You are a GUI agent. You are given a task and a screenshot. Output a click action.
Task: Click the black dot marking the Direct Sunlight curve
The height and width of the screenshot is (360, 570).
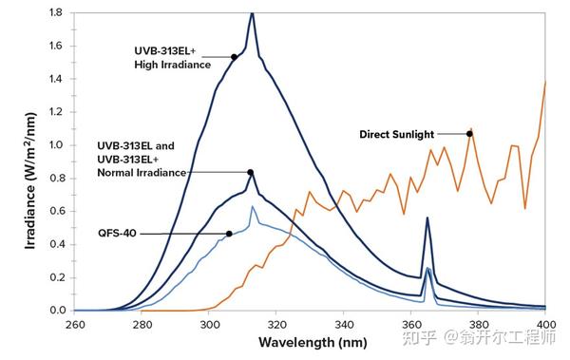pos(469,134)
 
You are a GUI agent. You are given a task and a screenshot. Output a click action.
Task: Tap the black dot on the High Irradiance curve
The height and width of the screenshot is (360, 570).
pos(234,57)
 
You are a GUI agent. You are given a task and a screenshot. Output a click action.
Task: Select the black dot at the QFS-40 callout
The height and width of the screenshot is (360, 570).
pos(229,234)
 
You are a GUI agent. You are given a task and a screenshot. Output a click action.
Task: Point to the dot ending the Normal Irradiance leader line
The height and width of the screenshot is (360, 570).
pos(251,172)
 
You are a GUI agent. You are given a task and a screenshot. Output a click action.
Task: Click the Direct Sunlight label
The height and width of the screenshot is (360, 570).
pos(409,134)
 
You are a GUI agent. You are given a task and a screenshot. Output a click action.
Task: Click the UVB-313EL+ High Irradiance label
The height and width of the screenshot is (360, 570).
pos(172,57)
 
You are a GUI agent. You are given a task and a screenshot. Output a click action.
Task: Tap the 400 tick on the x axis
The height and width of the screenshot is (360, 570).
pos(545,323)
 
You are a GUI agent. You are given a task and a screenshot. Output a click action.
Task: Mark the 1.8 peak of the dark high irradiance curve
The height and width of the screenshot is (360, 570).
pos(252,13)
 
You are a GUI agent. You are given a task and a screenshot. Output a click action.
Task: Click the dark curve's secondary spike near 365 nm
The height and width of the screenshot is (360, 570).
pos(427,218)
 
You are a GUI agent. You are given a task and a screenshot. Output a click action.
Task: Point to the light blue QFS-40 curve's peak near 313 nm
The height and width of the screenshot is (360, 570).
pos(252,206)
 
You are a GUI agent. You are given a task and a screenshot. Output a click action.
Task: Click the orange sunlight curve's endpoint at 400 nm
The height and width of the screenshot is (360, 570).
pos(546,82)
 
